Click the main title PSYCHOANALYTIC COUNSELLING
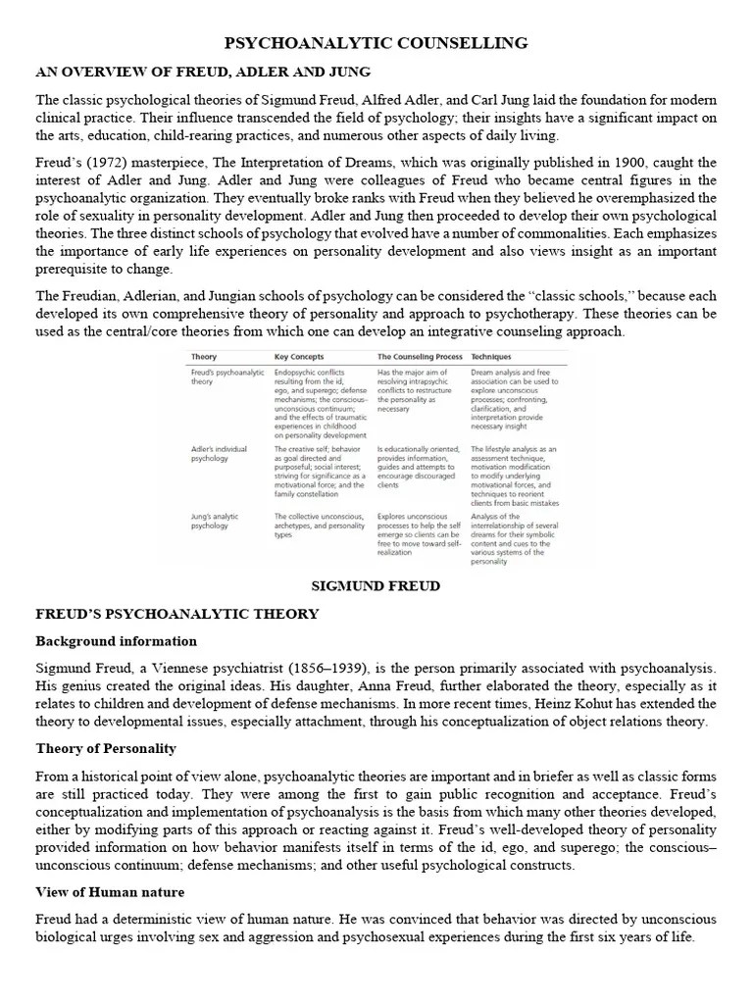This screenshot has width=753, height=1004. pos(376,43)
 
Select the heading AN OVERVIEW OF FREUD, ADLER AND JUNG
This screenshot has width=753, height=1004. pos(203,73)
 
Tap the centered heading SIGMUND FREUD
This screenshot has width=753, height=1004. pos(376,586)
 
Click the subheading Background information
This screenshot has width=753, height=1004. pos(117,641)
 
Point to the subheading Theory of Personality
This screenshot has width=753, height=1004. pos(106,748)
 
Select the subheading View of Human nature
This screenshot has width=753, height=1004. pos(110,892)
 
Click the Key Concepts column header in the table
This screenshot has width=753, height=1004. pos(300,358)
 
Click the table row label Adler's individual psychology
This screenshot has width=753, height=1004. pos(219,453)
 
